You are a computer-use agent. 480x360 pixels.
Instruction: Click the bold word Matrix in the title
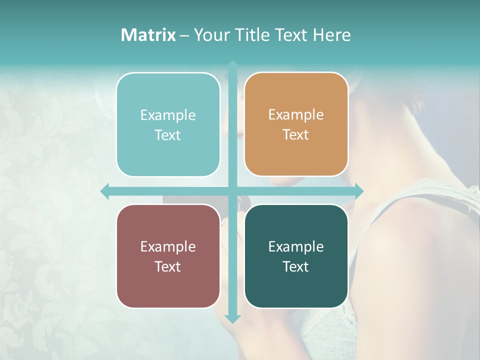[148, 35]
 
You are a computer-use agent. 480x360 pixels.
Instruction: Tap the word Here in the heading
[331, 35]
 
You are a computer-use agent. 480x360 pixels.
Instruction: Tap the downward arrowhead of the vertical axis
[233, 319]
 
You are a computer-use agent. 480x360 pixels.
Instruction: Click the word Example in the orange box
[296, 115]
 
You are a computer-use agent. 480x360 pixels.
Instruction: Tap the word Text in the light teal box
[168, 135]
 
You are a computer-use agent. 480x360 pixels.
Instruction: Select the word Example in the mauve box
[168, 246]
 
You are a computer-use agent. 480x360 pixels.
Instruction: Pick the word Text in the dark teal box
[296, 266]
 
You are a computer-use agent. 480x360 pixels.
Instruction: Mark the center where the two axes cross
[233, 191]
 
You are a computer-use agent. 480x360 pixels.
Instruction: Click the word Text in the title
[291, 35]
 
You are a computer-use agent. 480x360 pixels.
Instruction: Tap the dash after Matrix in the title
[184, 35]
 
